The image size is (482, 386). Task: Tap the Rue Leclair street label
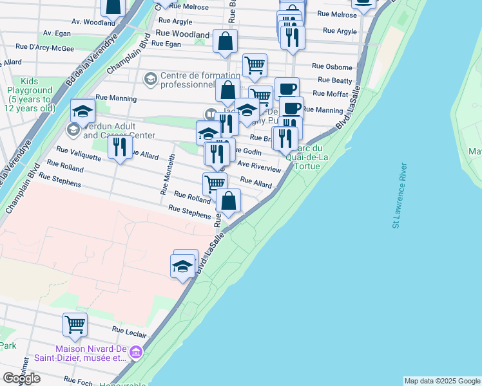pyautogui.click(x=130, y=332)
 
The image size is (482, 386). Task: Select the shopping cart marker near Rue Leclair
pyautogui.click(x=75, y=325)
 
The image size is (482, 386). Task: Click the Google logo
pyautogui.click(x=21, y=378)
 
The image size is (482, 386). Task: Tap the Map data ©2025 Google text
pyautogui.click(x=442, y=381)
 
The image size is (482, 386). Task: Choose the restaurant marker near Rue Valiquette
pyautogui.click(x=119, y=149)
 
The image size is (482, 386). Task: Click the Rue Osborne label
pyautogui.click(x=332, y=66)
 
